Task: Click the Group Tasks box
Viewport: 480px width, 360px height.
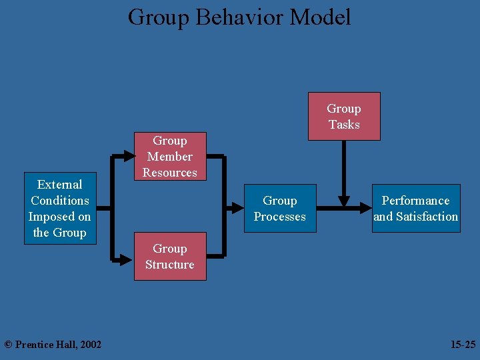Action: pyautogui.click(x=344, y=117)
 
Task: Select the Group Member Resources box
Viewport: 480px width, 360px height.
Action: pyautogui.click(x=170, y=157)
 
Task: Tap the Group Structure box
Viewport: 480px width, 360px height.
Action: pyautogui.click(x=170, y=257)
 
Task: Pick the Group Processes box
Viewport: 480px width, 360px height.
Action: pyautogui.click(x=280, y=209)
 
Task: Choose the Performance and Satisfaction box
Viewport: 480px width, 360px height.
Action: pyautogui.click(x=416, y=209)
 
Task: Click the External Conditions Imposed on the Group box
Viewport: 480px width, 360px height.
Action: pyautogui.click(x=60, y=209)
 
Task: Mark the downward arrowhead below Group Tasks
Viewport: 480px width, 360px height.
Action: pyautogui.click(x=344, y=199)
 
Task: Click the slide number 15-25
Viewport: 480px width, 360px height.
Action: pyautogui.click(x=463, y=345)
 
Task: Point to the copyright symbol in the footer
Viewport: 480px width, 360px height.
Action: pyautogui.click(x=8, y=345)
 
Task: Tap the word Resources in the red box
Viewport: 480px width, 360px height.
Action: pyautogui.click(x=170, y=173)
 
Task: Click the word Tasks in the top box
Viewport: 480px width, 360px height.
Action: pyautogui.click(x=344, y=125)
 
